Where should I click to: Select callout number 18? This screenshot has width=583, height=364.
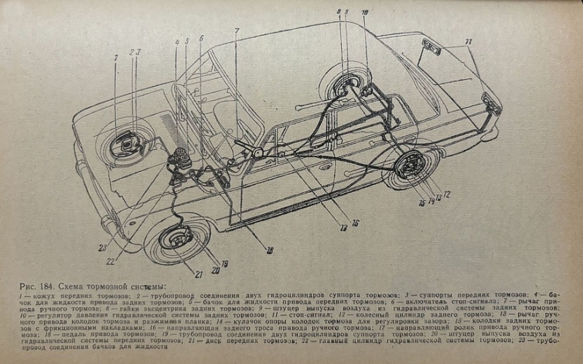coord(270,250)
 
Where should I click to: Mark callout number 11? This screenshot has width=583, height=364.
coord(469,42)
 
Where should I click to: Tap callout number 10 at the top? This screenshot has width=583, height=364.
coord(364,13)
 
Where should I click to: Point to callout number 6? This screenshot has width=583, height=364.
coord(200,38)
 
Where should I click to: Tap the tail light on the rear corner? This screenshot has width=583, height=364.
coord(490,103)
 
